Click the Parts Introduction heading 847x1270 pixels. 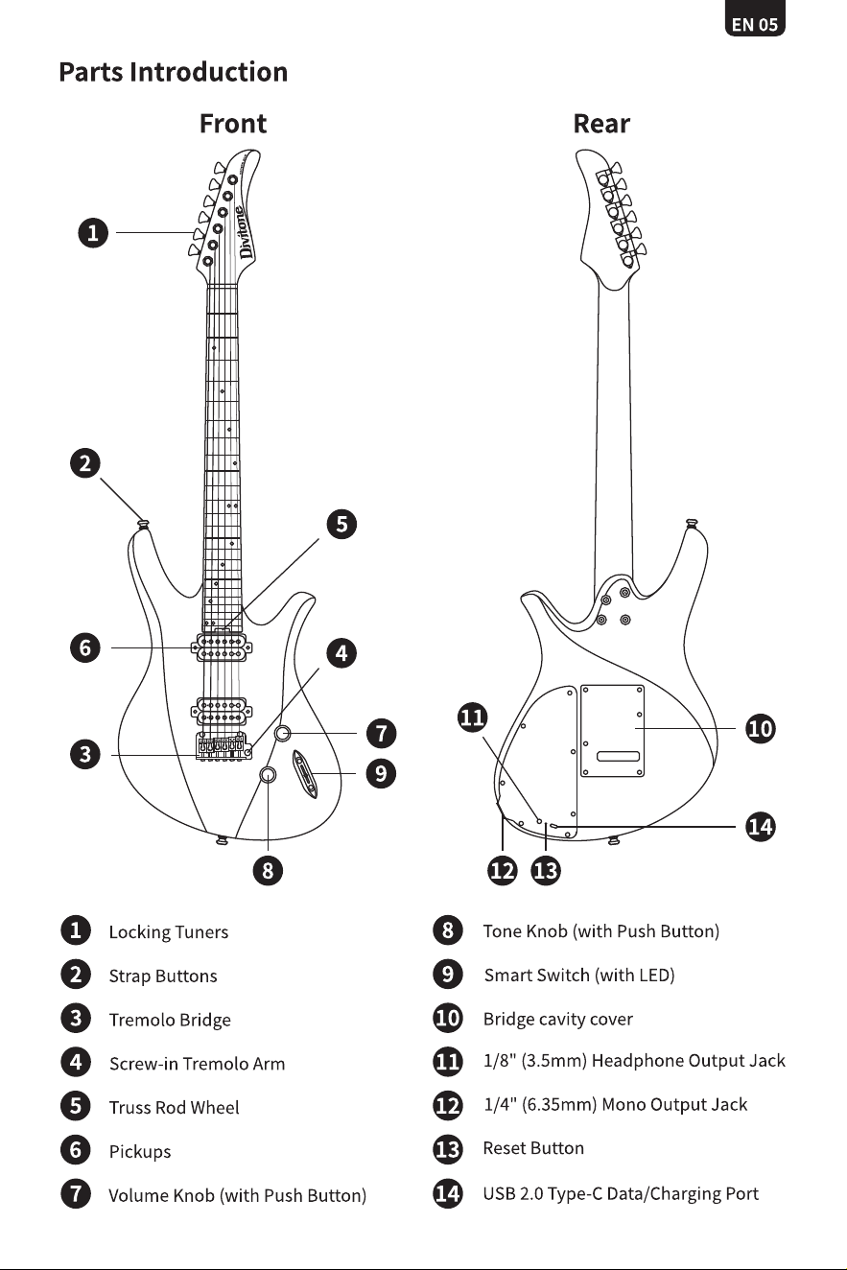pyautogui.click(x=174, y=73)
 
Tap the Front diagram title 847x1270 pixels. pyautogui.click(x=233, y=124)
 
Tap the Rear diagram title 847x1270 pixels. pyautogui.click(x=601, y=124)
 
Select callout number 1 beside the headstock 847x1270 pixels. pyautogui.click(x=93, y=233)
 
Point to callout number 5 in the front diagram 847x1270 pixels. pyautogui.click(x=341, y=524)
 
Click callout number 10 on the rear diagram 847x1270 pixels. pyautogui.click(x=761, y=729)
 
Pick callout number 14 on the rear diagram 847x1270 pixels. pyautogui.click(x=761, y=826)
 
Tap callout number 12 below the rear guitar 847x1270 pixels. pyautogui.click(x=503, y=870)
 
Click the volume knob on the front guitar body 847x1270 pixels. pyautogui.click(x=282, y=734)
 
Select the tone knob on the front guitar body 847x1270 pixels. pyautogui.click(x=268, y=774)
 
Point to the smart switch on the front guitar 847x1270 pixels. pyautogui.click(x=305, y=774)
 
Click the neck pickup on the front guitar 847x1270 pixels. pyautogui.click(x=222, y=648)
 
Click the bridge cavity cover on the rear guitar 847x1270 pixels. pyautogui.click(x=612, y=731)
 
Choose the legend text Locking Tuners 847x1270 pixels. pyautogui.click(x=169, y=932)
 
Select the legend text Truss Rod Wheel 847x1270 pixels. pyautogui.click(x=174, y=1107)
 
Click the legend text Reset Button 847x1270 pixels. pyautogui.click(x=533, y=1148)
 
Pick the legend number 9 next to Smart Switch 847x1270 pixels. pyautogui.click(x=447, y=974)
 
